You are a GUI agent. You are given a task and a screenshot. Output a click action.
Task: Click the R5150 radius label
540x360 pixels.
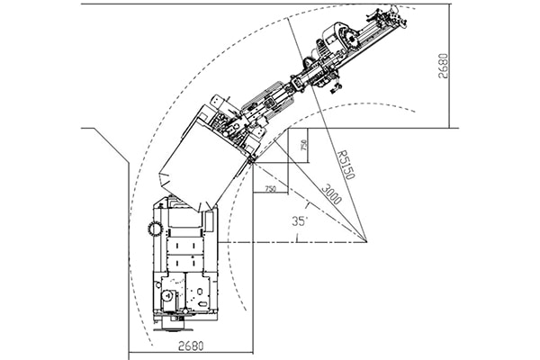(346, 165)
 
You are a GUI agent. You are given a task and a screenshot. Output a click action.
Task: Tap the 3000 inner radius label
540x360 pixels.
(331, 194)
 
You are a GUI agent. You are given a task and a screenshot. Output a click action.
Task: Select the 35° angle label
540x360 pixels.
(300, 220)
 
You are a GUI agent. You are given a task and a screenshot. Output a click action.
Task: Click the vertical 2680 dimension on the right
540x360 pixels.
(444, 66)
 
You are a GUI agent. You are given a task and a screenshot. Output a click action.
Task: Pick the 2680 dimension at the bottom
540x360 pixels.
(191, 346)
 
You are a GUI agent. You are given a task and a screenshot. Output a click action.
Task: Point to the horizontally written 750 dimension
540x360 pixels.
(270, 189)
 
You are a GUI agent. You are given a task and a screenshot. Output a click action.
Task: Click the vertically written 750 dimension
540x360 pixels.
(303, 145)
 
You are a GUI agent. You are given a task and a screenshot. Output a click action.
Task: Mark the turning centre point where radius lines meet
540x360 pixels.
(366, 241)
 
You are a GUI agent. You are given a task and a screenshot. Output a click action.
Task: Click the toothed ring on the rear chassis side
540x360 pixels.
(155, 229)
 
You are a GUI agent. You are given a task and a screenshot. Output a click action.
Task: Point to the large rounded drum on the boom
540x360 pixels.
(337, 37)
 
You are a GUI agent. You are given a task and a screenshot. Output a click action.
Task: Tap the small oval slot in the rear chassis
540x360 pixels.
(202, 304)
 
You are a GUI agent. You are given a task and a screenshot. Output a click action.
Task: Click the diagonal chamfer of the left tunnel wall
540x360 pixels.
(112, 146)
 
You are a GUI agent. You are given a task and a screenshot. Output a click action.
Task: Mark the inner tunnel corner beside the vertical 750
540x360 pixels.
(288, 129)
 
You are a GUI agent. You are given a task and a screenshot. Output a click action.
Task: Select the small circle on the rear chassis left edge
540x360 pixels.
(157, 285)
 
